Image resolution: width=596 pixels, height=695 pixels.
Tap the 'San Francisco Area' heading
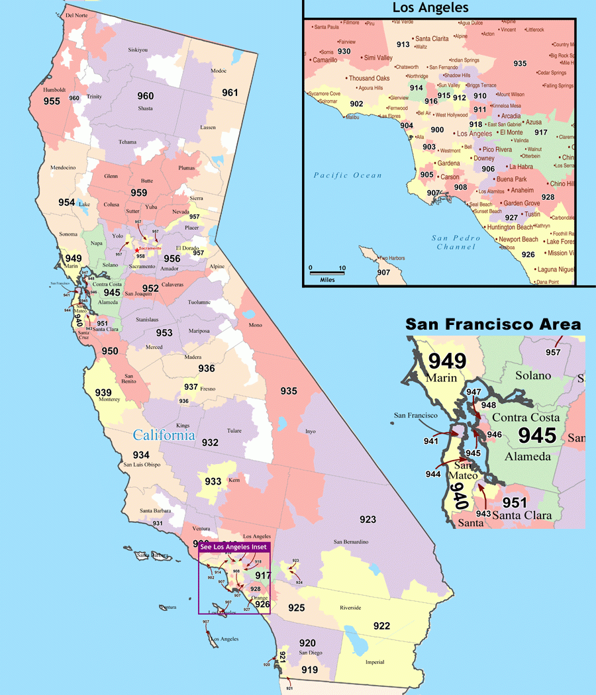coord(493,324)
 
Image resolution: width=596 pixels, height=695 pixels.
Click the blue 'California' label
coord(164,435)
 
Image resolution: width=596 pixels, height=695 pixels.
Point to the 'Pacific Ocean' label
coord(348,175)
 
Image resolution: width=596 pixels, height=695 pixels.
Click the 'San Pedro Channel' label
coord(454,242)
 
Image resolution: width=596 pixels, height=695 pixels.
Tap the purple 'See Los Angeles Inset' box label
coord(234,547)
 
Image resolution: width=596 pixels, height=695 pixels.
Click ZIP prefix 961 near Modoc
coord(230,93)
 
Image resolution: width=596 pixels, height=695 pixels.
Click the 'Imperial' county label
coord(375,662)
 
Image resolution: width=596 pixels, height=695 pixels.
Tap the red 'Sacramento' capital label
coord(150,248)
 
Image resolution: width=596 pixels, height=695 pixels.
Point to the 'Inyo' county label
coord(310,431)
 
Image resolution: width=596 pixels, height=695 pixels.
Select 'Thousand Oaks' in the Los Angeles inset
coord(370,78)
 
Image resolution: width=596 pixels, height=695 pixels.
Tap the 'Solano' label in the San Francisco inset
coord(534,375)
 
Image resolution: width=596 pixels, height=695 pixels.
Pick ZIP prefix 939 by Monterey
coord(103,392)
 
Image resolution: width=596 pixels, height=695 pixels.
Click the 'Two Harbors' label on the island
coord(391,258)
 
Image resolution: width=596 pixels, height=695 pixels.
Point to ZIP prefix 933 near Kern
coord(213,481)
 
